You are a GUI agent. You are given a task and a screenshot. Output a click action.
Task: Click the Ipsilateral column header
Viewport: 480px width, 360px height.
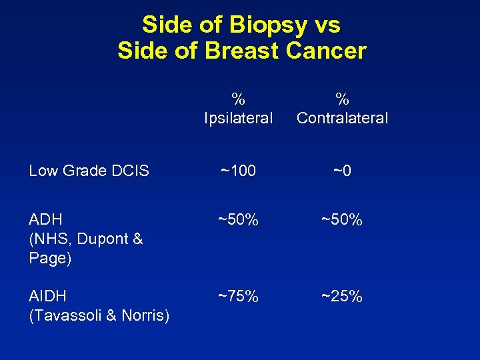[238, 118]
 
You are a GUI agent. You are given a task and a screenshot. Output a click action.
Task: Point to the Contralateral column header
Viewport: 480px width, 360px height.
[342, 118]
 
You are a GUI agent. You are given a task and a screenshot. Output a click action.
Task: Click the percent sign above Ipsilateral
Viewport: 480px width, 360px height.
[238, 99]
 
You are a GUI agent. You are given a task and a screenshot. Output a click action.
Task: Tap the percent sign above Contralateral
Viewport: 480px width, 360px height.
[342, 99]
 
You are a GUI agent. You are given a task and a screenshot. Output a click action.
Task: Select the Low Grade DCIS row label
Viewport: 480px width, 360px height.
[89, 171]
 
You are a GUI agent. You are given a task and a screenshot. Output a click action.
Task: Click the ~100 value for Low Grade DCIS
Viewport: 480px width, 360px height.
[238, 171]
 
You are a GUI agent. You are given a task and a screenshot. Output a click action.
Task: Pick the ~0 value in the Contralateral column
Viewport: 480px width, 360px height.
[342, 171]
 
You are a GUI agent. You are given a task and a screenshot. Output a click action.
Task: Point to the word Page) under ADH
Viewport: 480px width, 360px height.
[49, 258]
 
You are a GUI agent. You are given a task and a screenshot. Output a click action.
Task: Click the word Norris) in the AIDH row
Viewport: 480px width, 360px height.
[147, 315]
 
